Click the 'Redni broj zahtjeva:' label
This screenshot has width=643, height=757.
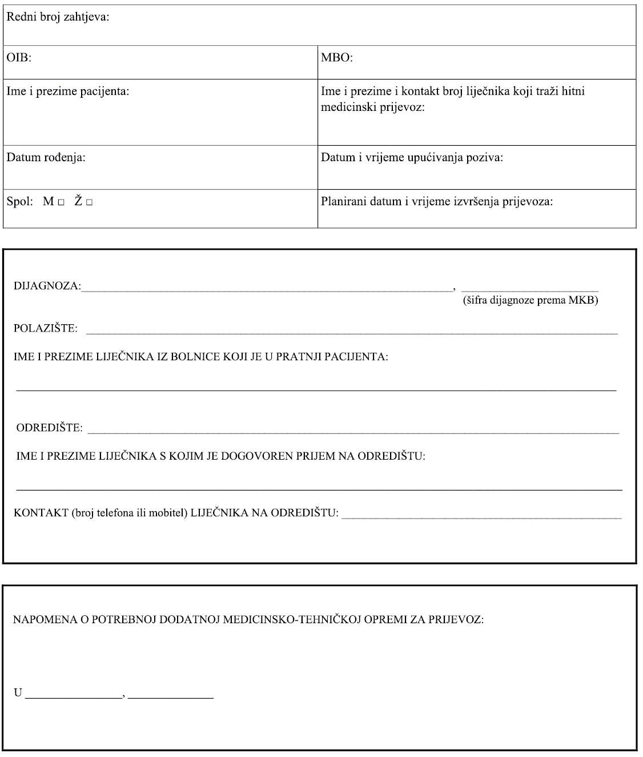[x=58, y=17]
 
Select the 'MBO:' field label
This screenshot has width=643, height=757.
[x=336, y=58]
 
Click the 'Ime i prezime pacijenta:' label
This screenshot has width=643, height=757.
[x=67, y=91]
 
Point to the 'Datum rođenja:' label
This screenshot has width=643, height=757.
[x=46, y=157]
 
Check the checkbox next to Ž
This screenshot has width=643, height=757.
[x=89, y=202]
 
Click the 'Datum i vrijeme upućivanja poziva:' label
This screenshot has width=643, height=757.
[x=412, y=157]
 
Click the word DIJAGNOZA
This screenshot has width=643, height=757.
[x=46, y=286]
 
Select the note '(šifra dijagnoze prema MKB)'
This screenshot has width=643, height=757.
[x=530, y=300]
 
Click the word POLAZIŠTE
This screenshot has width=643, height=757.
[x=45, y=328]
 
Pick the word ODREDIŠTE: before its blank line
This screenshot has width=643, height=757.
[x=49, y=428]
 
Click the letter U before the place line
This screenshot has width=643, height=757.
[x=18, y=693]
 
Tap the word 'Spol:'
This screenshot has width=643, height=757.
[x=20, y=202]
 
